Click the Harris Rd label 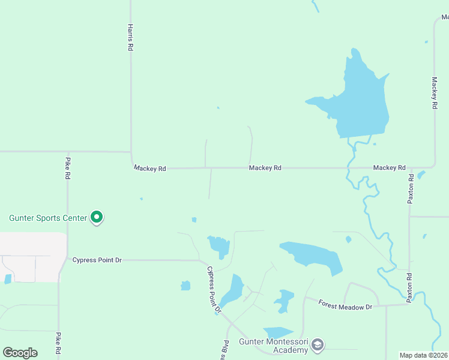(130, 37)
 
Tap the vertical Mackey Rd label (434, 92)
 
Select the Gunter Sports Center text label (48, 218)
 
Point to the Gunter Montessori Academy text (274, 346)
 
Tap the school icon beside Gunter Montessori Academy (318, 345)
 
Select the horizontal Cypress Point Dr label (97, 260)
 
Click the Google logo (20, 352)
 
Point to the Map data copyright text (424, 355)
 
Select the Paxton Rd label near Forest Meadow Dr (410, 287)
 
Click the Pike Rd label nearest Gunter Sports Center (68, 169)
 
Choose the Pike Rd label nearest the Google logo (59, 344)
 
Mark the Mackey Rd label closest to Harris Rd (149, 169)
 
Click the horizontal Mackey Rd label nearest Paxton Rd (389, 167)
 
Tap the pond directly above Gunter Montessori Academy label (277, 331)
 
